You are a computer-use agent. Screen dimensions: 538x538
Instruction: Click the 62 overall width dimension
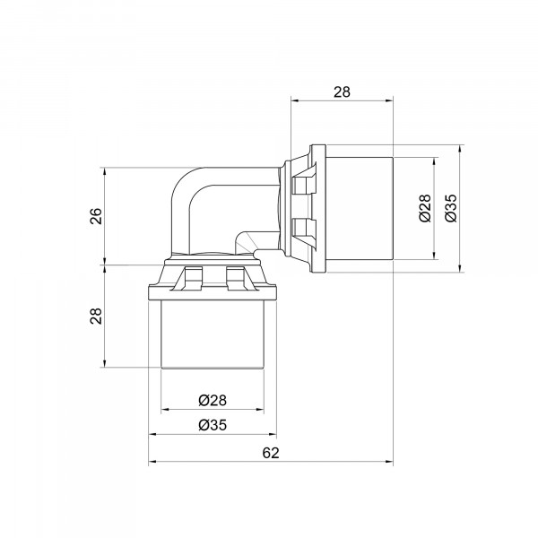271,453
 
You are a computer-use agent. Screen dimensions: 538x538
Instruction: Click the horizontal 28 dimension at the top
342,92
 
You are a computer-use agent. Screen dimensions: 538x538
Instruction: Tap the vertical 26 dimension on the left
97,216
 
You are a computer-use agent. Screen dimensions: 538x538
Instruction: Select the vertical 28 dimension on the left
97,316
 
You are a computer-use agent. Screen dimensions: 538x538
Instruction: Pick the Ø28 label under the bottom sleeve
213,400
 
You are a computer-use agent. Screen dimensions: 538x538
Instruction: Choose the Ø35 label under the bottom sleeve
213,425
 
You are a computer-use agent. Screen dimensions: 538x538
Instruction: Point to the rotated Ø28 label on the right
425,208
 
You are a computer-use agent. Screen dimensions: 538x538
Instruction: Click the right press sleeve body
359,209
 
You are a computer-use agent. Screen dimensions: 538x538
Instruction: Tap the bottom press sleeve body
213,334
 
